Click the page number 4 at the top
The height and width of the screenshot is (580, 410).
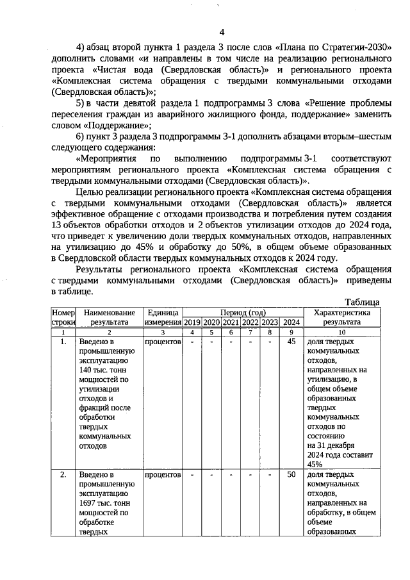coord(222,32)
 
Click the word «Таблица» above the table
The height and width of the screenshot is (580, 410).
coord(362,302)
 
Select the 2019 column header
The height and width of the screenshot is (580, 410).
coord(192,322)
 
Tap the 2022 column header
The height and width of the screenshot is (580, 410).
coord(250,322)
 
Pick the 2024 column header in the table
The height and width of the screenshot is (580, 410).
coord(291,322)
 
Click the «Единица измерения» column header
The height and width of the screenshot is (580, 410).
coord(163,317)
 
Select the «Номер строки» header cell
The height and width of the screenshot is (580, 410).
coord(63,317)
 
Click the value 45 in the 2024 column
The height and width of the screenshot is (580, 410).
coord(291,342)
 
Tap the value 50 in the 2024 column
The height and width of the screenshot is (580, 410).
coord(291,475)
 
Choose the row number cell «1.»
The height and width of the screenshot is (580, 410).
coord(63,342)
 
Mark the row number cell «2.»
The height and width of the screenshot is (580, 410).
coord(63,475)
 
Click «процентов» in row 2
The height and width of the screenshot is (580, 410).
coord(163,475)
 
